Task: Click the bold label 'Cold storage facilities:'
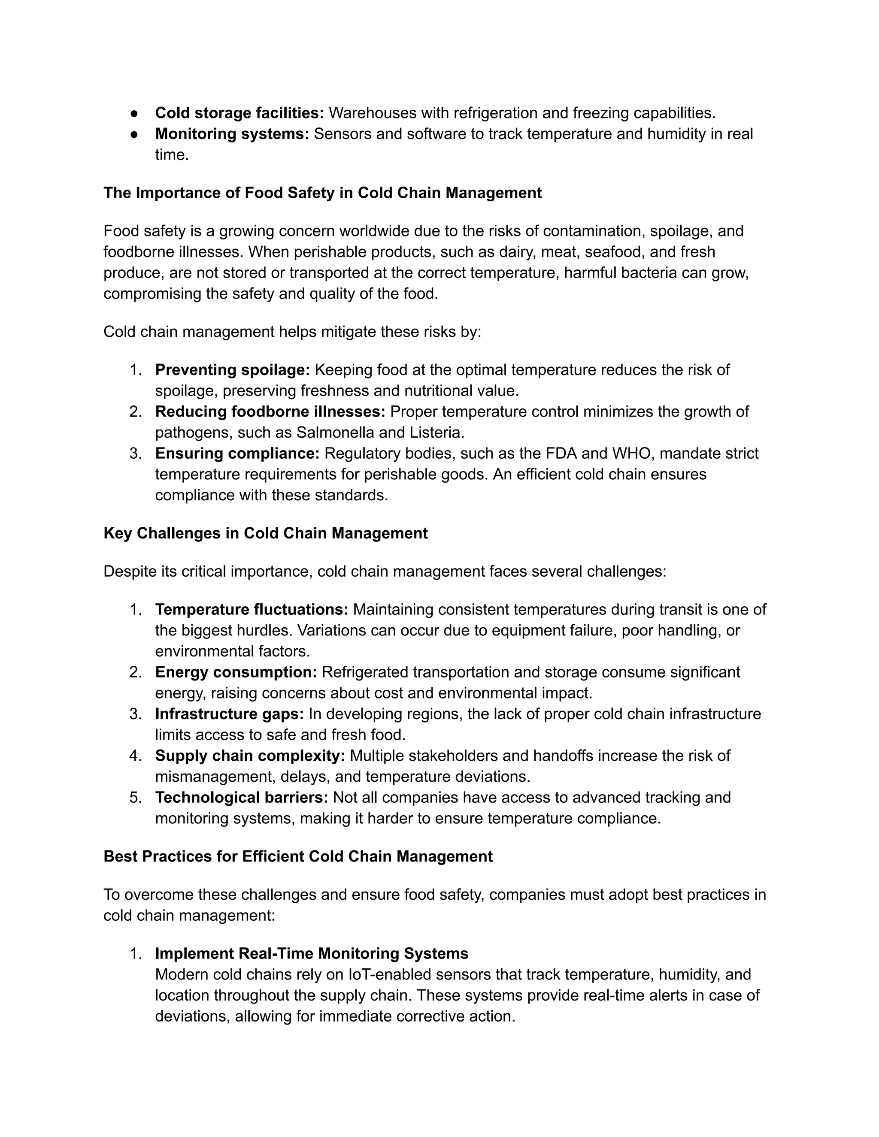[239, 113]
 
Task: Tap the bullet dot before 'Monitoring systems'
[134, 134]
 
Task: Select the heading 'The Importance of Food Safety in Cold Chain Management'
[322, 193]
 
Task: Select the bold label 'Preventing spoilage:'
[232, 370]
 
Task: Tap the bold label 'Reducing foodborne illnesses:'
[270, 412]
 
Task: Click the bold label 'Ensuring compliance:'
[237, 454]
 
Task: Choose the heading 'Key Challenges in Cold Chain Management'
[266, 534]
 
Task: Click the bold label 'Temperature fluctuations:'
[252, 610]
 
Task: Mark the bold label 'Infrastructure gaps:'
[229, 714]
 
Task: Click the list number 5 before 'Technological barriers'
[135, 798]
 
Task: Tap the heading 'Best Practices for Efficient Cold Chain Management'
[298, 856]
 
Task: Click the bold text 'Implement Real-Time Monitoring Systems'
[312, 954]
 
